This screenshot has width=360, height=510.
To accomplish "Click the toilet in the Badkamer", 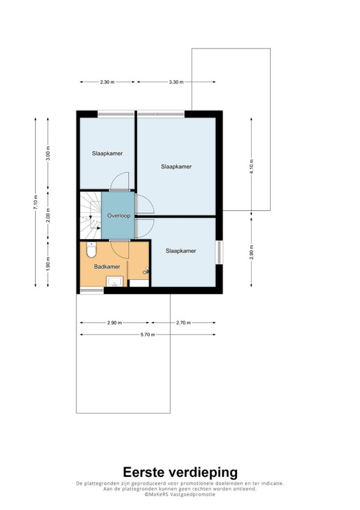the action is pyautogui.click(x=91, y=250).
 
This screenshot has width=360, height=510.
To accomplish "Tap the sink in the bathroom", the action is pyautogui.click(x=115, y=281).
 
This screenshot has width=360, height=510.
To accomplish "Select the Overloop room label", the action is pyautogui.click(x=119, y=215).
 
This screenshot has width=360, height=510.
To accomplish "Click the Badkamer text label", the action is pyautogui.click(x=107, y=266).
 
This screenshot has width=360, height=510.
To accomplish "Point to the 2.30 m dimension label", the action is pyautogui.click(x=107, y=82).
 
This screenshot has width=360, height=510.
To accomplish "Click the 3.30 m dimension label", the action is pyautogui.click(x=176, y=82).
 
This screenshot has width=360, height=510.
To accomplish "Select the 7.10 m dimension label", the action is pyautogui.click(x=36, y=202).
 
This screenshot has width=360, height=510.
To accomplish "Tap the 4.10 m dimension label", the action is pyautogui.click(x=252, y=166).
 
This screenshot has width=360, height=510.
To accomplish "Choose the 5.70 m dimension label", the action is pyautogui.click(x=148, y=334).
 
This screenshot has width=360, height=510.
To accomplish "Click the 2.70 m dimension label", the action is pyautogui.click(x=184, y=323).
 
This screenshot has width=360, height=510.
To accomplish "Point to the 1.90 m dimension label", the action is pyautogui.click(x=48, y=264).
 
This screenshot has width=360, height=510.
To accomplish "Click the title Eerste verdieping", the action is pyautogui.click(x=180, y=472).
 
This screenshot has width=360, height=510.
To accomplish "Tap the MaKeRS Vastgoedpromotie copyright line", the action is pyautogui.click(x=180, y=494).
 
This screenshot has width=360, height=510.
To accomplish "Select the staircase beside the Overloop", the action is pyautogui.click(x=90, y=215).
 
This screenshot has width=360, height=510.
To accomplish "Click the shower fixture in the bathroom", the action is pyautogui.click(x=147, y=270).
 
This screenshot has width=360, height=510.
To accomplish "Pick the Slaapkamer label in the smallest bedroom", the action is pyautogui.click(x=107, y=154).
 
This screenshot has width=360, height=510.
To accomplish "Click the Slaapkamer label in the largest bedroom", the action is pyautogui.click(x=176, y=166).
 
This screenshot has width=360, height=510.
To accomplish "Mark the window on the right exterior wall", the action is pyautogui.click(x=220, y=252).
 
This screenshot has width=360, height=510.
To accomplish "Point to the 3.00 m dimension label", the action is pyautogui.click(x=48, y=153).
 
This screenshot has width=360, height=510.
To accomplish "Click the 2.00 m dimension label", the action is pyautogui.click(x=48, y=215).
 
